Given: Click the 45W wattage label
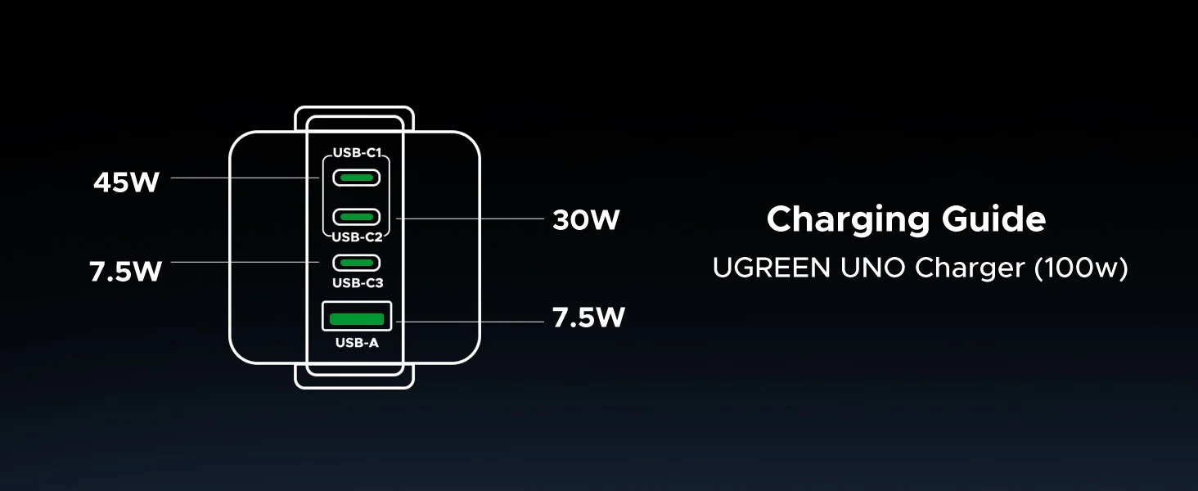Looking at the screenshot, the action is [126, 182].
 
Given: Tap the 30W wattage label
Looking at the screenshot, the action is [586, 219].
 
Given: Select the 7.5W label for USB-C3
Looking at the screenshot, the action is [126, 271].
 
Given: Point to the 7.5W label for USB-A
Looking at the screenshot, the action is [588, 318].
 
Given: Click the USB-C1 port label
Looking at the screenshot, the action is [358, 152].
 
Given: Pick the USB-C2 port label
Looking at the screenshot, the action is [358, 236].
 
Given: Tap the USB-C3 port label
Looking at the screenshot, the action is [358, 282].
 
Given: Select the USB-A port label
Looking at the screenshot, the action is [357, 342].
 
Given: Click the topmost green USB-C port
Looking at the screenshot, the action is [356, 178].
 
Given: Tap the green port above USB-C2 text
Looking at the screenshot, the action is [356, 217].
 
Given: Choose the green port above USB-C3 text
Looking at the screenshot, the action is [356, 263].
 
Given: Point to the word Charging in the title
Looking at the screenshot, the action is [849, 220].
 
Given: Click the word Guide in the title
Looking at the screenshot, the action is [993, 218].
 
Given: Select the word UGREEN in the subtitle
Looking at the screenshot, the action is [771, 268].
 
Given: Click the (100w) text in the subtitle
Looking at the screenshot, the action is [1081, 268].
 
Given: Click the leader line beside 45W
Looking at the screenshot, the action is [245, 178].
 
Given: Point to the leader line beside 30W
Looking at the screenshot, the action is [470, 218].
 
